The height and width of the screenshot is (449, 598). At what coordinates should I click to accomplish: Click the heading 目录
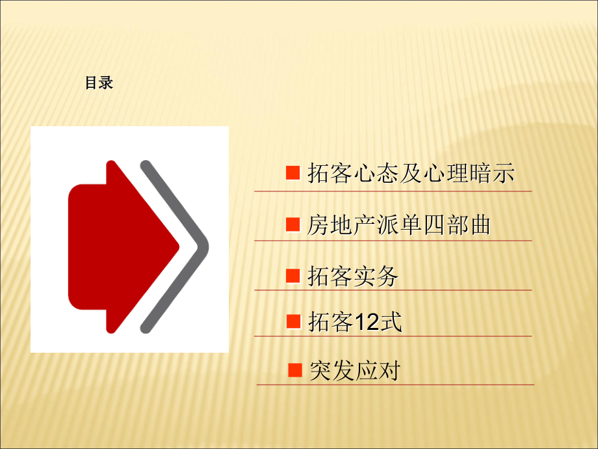click(99, 83)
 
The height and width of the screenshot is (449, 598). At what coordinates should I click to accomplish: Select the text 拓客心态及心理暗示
click(411, 174)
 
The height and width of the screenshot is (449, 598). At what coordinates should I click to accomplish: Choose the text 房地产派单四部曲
click(398, 225)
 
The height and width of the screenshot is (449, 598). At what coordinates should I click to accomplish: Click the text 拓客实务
click(352, 277)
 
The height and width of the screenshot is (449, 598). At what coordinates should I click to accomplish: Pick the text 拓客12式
click(355, 321)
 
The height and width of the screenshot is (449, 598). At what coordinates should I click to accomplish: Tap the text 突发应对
click(355, 371)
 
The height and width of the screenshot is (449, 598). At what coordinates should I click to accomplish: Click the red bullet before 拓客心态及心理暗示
click(293, 173)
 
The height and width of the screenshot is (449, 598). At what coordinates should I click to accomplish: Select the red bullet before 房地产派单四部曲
click(293, 224)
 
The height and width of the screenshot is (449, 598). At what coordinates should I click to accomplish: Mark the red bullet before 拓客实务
click(293, 276)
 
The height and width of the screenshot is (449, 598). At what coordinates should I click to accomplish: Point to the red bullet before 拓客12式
click(293, 321)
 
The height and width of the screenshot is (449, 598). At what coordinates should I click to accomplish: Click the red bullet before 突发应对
click(295, 370)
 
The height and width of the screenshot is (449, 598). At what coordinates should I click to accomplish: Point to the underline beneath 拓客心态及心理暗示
click(393, 191)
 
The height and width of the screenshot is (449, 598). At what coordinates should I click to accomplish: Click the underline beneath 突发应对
click(395, 385)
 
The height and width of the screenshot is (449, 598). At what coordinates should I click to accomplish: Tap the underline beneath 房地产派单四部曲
click(393, 241)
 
